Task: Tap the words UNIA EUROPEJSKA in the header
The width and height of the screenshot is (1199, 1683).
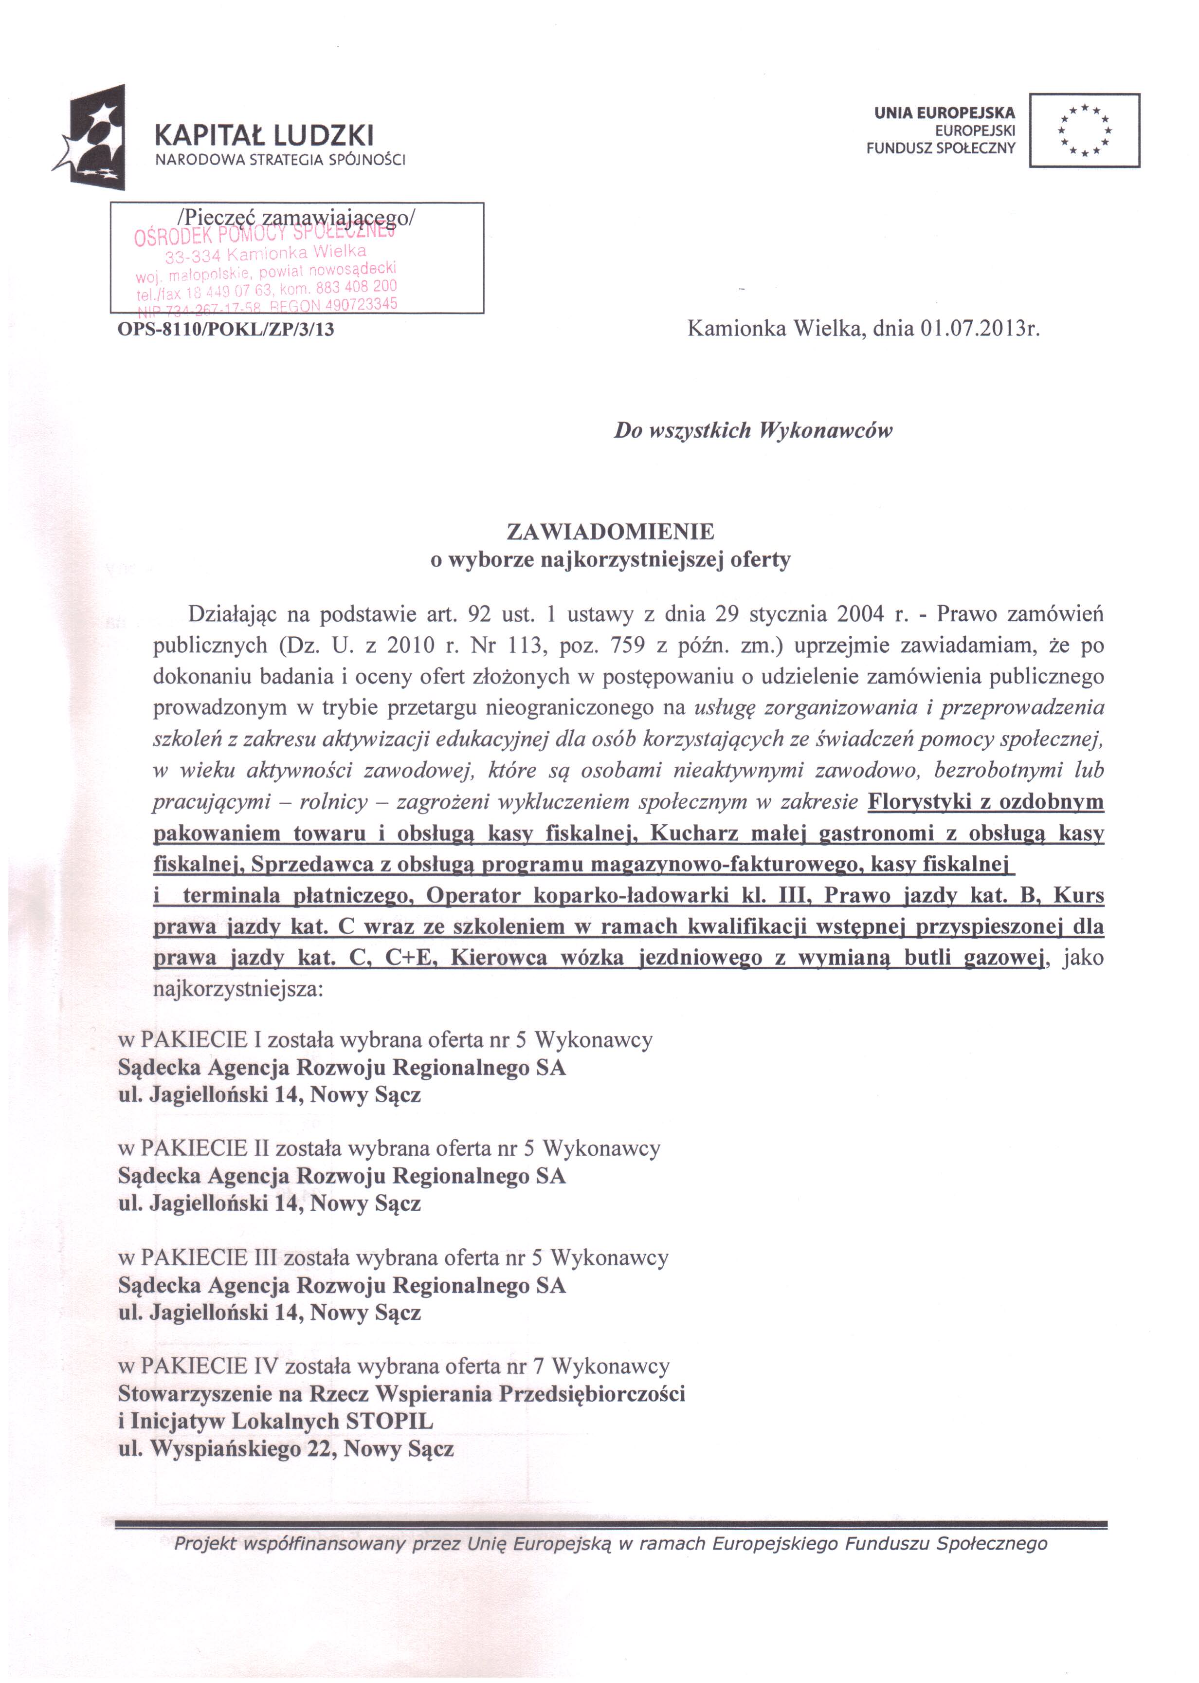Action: (x=945, y=113)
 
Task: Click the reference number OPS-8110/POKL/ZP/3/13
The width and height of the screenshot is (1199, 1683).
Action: (x=226, y=330)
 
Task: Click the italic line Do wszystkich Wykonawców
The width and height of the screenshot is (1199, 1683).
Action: (x=753, y=430)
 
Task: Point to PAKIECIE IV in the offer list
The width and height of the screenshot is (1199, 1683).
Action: (x=209, y=1366)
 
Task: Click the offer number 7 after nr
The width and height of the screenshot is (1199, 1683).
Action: (x=538, y=1366)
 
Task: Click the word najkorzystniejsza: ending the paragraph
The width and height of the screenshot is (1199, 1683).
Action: (x=238, y=989)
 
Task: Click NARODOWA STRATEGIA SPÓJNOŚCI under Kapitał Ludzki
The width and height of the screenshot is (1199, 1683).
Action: (x=280, y=160)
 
